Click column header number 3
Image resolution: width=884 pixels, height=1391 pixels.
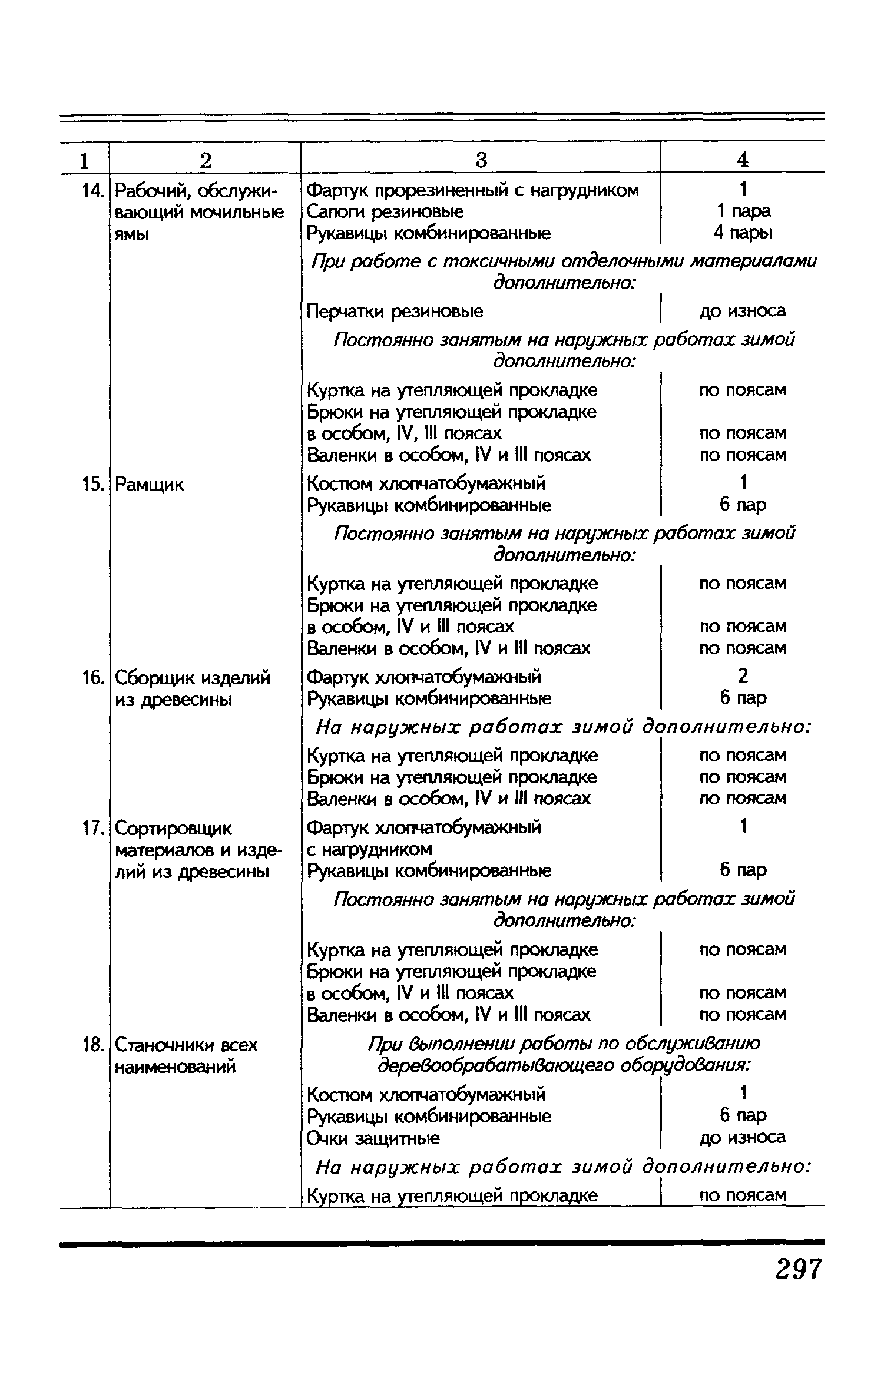coord(481,160)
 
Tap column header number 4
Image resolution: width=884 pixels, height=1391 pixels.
coord(743,160)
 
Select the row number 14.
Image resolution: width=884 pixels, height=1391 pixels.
coord(91,191)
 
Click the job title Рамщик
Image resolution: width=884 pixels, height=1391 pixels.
coord(149,485)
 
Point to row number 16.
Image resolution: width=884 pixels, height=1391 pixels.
coord(92,678)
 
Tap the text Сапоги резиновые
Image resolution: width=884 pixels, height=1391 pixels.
coord(385,211)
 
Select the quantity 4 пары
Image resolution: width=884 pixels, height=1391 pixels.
coord(743,233)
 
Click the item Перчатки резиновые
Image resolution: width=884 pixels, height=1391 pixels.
coord(395,311)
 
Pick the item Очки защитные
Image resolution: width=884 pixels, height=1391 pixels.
coord(373,1138)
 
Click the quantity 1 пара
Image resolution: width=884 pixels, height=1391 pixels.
coord(743,211)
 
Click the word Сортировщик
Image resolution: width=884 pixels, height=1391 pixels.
coord(173,829)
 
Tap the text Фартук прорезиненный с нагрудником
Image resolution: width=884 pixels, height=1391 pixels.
coord(473,190)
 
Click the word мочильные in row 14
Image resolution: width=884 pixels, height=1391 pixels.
coord(238,212)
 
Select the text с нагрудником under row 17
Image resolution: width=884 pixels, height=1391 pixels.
coord(369,849)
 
